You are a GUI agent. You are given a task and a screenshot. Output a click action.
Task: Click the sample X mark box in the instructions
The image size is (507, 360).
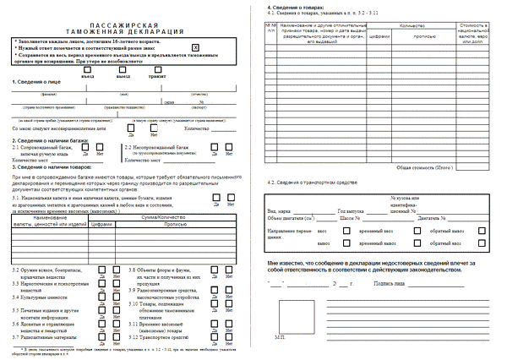(x=196, y=48)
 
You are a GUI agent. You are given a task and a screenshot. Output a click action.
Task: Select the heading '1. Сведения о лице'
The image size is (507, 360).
(x=35, y=82)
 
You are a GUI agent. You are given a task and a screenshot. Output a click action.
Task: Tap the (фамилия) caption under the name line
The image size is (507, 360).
(x=49, y=94)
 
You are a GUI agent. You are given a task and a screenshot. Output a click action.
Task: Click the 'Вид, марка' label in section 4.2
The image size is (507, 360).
(x=278, y=209)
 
